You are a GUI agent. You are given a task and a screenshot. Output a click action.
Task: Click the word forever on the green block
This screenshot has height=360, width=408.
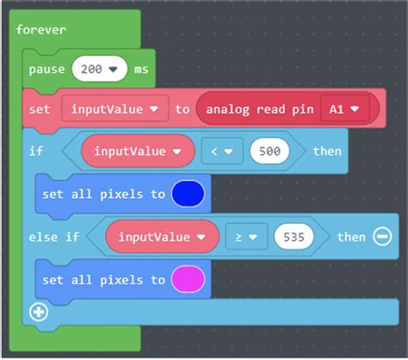41,30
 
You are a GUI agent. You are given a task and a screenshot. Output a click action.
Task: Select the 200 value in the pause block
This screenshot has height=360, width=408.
99,69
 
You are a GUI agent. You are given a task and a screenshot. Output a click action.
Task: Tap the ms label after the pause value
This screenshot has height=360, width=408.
141,70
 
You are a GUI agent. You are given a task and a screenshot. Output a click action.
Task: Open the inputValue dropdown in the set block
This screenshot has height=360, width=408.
115,109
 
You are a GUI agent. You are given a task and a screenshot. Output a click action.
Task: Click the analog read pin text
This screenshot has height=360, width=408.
260,109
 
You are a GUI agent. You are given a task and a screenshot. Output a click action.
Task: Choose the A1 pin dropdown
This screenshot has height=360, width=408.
344,109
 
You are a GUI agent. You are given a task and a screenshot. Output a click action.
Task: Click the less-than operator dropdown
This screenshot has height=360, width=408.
222,152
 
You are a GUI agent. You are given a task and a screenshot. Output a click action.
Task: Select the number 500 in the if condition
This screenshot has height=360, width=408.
269,152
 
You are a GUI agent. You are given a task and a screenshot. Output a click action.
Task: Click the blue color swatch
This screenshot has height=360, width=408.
188,194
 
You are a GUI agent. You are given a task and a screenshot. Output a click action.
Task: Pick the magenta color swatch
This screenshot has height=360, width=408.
188,279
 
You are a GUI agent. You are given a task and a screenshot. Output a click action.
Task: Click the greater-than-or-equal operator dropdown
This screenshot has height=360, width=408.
246,237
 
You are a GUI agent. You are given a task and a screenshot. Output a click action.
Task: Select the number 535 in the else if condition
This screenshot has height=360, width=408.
294,237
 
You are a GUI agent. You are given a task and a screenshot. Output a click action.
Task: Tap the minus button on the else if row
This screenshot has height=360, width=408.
382,237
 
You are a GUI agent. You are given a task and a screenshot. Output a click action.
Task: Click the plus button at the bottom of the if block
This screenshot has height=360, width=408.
39,312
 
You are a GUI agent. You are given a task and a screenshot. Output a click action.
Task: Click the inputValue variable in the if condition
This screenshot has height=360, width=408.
138,151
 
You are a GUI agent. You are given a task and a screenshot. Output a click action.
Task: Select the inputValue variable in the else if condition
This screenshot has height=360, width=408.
163,237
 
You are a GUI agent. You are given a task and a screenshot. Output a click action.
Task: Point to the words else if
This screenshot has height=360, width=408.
54,237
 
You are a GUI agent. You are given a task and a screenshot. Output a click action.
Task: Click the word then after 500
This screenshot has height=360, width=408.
327,152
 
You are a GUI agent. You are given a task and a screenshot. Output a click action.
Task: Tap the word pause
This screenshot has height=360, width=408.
46,70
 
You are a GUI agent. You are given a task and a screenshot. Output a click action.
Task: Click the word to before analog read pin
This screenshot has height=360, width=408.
182,109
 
